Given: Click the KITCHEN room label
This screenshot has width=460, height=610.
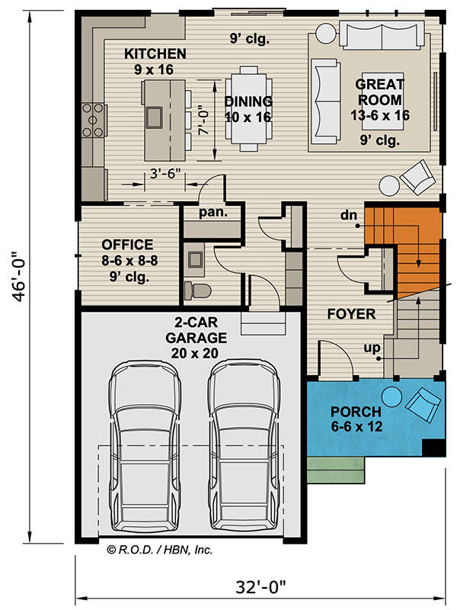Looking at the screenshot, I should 155,54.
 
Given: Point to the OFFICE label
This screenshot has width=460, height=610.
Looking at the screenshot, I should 128,245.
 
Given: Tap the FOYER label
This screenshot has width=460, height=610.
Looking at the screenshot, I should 351,313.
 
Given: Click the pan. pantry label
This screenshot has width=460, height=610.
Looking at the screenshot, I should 213,213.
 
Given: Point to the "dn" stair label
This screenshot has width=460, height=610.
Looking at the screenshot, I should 350,216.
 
